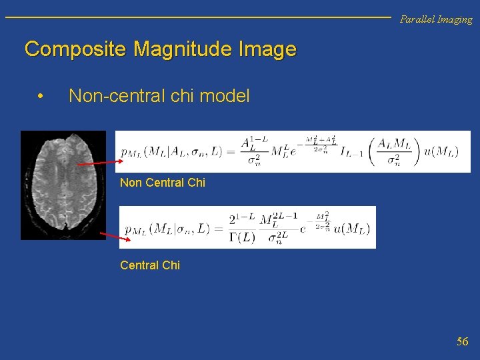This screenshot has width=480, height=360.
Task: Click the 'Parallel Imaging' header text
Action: coord(435,19)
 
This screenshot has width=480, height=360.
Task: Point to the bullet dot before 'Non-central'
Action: coord(41,97)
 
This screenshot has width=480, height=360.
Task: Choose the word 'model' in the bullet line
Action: coord(225,97)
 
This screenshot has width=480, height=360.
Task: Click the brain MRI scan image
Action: coord(63,185)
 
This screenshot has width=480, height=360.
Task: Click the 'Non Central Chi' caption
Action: coord(163,183)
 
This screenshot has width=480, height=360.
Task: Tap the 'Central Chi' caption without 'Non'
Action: coord(150,265)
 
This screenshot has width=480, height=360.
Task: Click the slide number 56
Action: coord(462,342)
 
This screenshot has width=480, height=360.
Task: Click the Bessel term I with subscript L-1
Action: coord(349,153)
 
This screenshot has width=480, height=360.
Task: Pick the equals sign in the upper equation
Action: coord(228,151)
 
